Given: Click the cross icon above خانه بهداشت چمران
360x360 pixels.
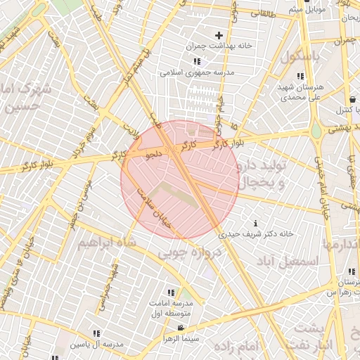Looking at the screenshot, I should (x=219, y=35).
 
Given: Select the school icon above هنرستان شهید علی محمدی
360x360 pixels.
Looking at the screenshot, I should (x=300, y=76).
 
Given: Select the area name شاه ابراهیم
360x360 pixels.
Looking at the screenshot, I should (x=105, y=243).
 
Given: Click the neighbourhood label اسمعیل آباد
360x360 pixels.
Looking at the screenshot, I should (x=288, y=261).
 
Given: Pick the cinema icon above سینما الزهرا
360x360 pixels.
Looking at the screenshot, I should (x=181, y=328).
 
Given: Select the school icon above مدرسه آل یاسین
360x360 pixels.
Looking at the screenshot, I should (x=96, y=333).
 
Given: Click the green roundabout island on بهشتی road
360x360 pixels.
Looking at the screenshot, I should (x=316, y=131).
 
